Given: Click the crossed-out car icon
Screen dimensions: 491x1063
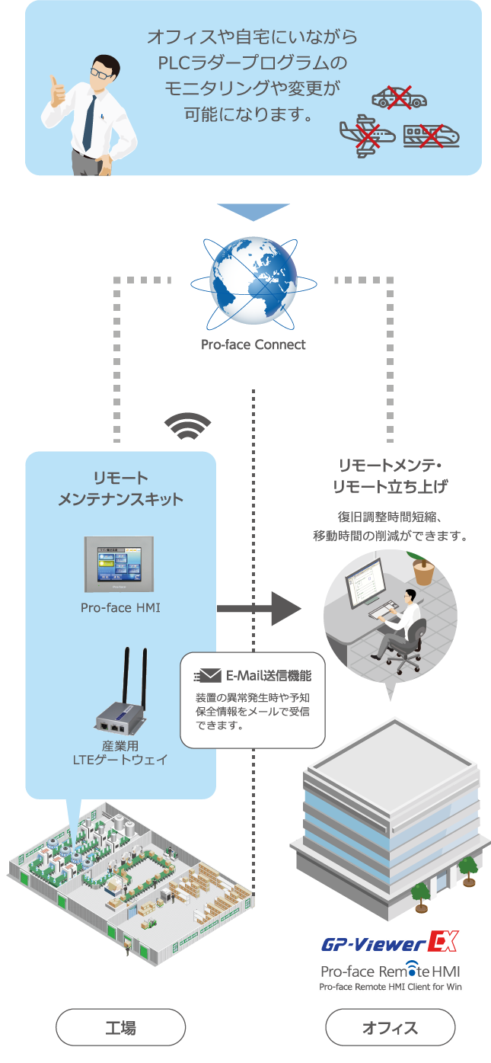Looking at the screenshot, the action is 399,98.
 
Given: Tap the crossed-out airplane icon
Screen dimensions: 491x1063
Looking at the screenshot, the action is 367,135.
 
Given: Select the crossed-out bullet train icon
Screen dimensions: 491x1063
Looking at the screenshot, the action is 432,136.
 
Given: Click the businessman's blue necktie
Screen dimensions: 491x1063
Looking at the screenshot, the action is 89,123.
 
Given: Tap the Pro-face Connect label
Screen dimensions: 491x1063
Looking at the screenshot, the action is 253,344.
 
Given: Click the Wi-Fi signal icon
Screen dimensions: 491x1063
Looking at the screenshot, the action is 188,426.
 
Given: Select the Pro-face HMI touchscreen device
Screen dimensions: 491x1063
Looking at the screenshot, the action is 120,564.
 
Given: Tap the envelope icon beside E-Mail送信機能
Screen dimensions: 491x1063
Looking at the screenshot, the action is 209,675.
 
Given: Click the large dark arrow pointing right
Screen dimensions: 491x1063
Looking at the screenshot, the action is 260,608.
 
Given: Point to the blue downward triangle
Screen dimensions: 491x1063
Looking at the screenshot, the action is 253,212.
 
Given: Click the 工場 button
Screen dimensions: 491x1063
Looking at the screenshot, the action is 121,1027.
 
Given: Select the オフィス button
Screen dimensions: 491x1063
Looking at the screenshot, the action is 390,1027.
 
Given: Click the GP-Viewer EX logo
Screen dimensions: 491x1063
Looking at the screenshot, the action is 390,942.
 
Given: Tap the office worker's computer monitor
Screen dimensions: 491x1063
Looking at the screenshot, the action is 365,582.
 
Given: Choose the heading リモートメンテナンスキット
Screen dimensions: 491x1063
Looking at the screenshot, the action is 120,488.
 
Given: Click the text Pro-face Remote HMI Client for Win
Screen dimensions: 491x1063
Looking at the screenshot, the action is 390,987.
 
